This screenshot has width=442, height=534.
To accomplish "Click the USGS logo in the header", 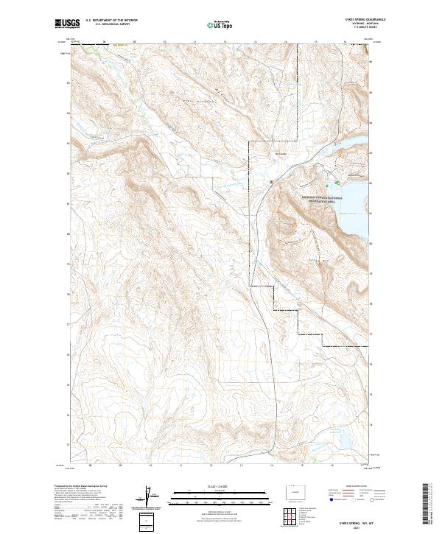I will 68,24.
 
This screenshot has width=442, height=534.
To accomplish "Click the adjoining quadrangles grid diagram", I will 287,516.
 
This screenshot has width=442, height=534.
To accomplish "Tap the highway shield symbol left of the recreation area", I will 271,181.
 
